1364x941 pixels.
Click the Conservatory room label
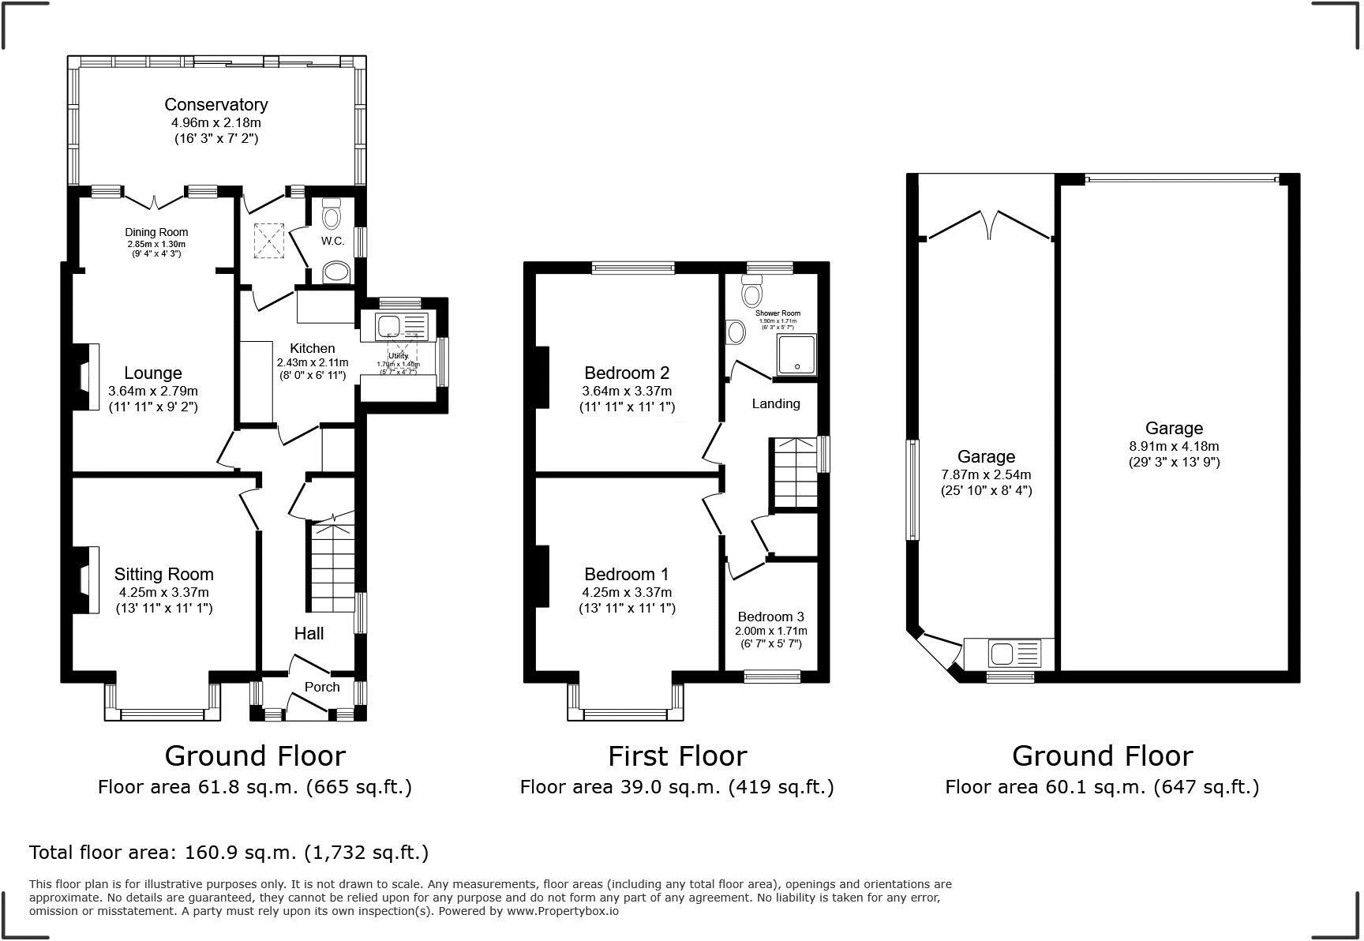[215, 104]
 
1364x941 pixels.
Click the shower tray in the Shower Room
[796, 354]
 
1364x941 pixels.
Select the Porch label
[322, 687]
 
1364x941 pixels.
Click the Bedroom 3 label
[770, 617]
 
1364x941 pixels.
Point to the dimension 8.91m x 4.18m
[1174, 446]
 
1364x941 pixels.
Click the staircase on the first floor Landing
[794, 474]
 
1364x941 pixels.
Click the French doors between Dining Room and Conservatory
[155, 200]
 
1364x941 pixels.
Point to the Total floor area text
[229, 853]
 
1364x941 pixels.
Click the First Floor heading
[676, 756]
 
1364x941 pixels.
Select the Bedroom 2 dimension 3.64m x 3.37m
[627, 391]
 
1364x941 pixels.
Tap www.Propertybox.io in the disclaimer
[562, 911]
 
